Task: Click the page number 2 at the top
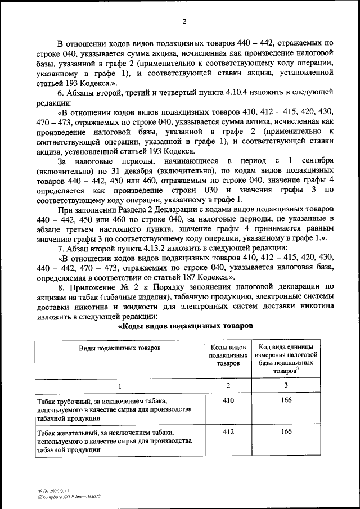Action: coord(184,22)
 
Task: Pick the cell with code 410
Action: coord(228,401)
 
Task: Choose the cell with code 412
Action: coord(228,432)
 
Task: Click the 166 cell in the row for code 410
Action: coord(286,401)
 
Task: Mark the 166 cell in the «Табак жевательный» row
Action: coord(286,432)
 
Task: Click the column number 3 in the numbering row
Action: coord(286,385)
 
